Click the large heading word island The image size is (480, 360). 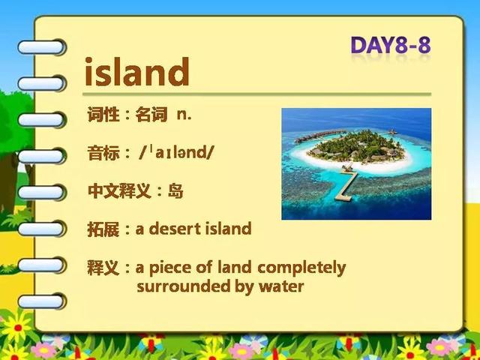136,72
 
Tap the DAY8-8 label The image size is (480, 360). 391,45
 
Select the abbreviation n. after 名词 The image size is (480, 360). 184,115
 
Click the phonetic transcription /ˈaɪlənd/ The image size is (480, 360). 175,152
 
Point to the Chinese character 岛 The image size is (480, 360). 175,191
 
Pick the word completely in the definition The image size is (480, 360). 301,268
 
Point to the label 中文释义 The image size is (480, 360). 119,191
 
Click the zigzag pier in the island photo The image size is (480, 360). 347,184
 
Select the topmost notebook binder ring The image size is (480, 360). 41,47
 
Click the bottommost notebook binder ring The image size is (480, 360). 41,301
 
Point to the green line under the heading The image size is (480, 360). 256,94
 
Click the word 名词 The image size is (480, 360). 151,115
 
